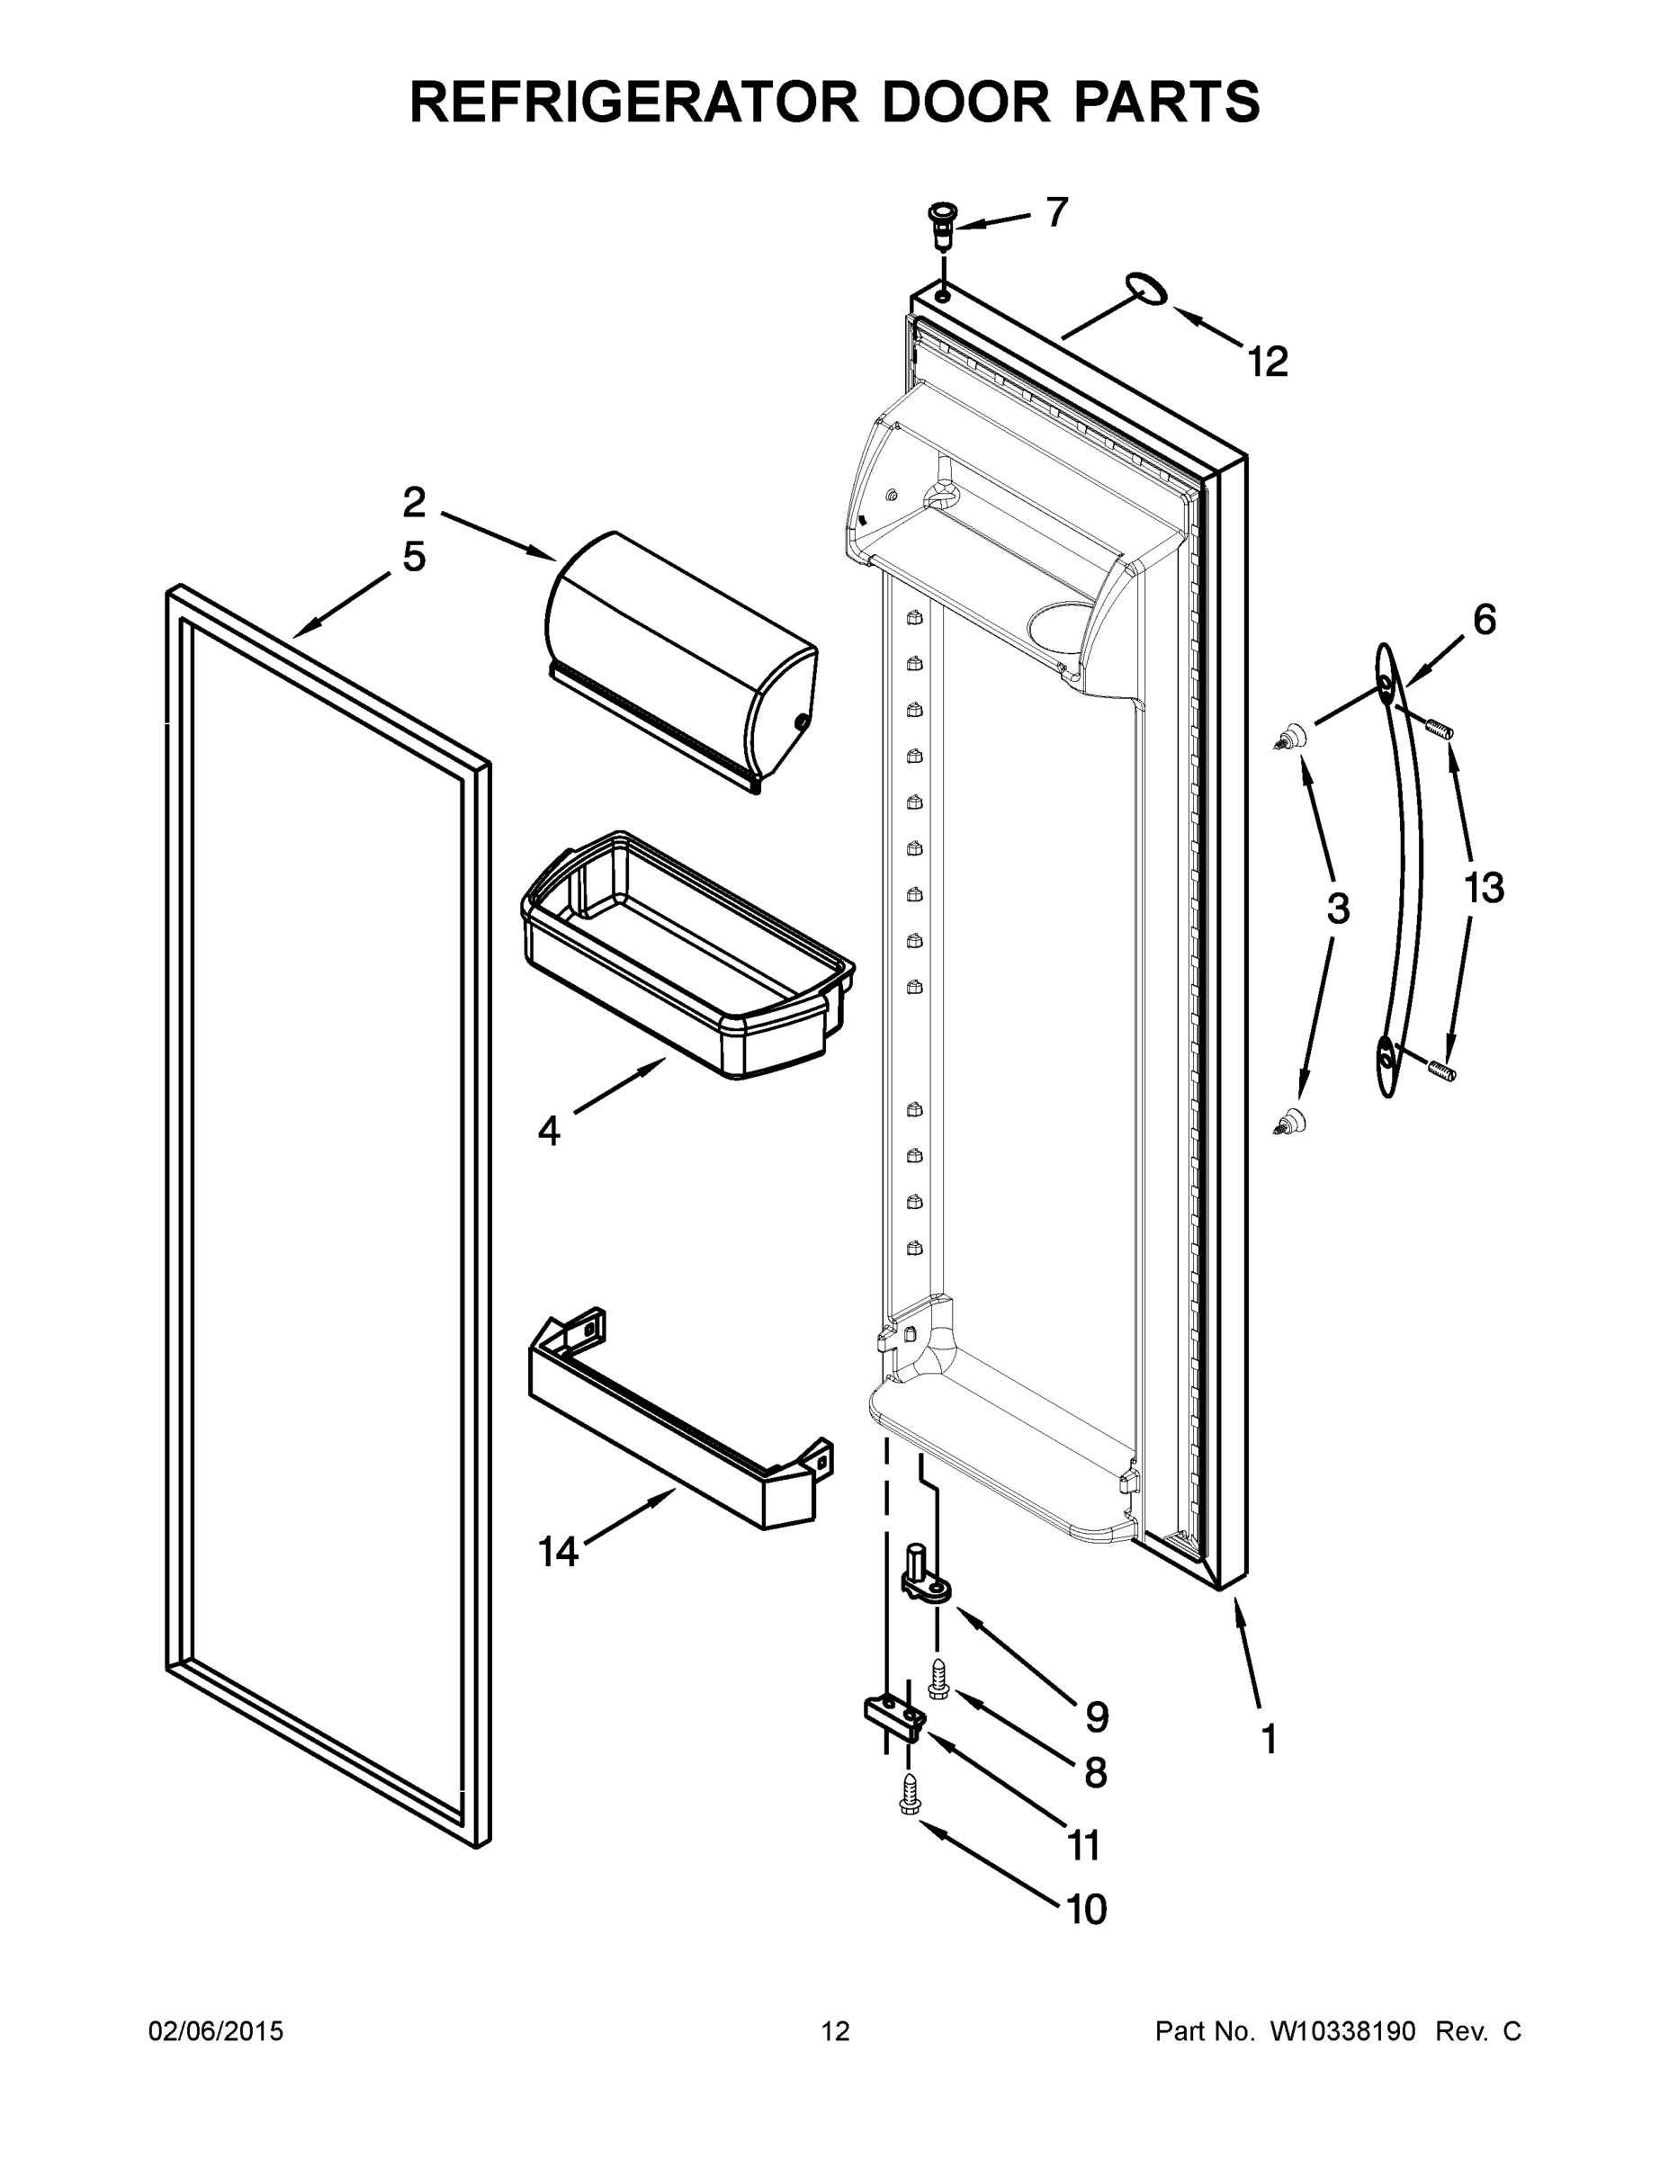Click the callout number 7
pyautogui.click(x=1057, y=211)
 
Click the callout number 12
pyautogui.click(x=1268, y=363)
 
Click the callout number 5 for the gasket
pyautogui.click(x=414, y=558)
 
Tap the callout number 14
pyautogui.click(x=559, y=1552)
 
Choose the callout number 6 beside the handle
pyautogui.click(x=1484, y=620)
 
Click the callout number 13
pyautogui.click(x=1483, y=889)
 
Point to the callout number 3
pyautogui.click(x=1337, y=909)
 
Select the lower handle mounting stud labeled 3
pyautogui.click(x=1289, y=1121)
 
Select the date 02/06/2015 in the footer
pyautogui.click(x=216, y=2032)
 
